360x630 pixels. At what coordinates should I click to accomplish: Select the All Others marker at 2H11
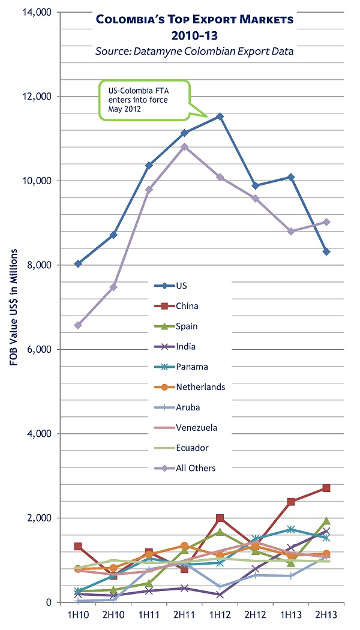click(x=184, y=146)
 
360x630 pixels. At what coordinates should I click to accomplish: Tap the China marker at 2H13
click(x=326, y=488)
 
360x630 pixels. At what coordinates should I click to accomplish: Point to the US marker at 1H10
click(x=78, y=263)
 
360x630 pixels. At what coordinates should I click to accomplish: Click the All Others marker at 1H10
click(x=78, y=325)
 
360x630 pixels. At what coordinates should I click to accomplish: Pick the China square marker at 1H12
click(x=220, y=518)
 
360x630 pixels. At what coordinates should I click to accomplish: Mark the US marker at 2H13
click(x=326, y=251)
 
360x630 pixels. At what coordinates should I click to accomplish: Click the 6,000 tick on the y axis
click(x=41, y=349)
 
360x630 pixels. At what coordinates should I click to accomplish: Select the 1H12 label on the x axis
click(x=220, y=615)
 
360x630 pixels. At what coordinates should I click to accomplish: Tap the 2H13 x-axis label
click(x=326, y=615)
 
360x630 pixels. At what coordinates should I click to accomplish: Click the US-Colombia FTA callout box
click(x=143, y=96)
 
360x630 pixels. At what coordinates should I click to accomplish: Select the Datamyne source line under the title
click(x=194, y=51)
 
